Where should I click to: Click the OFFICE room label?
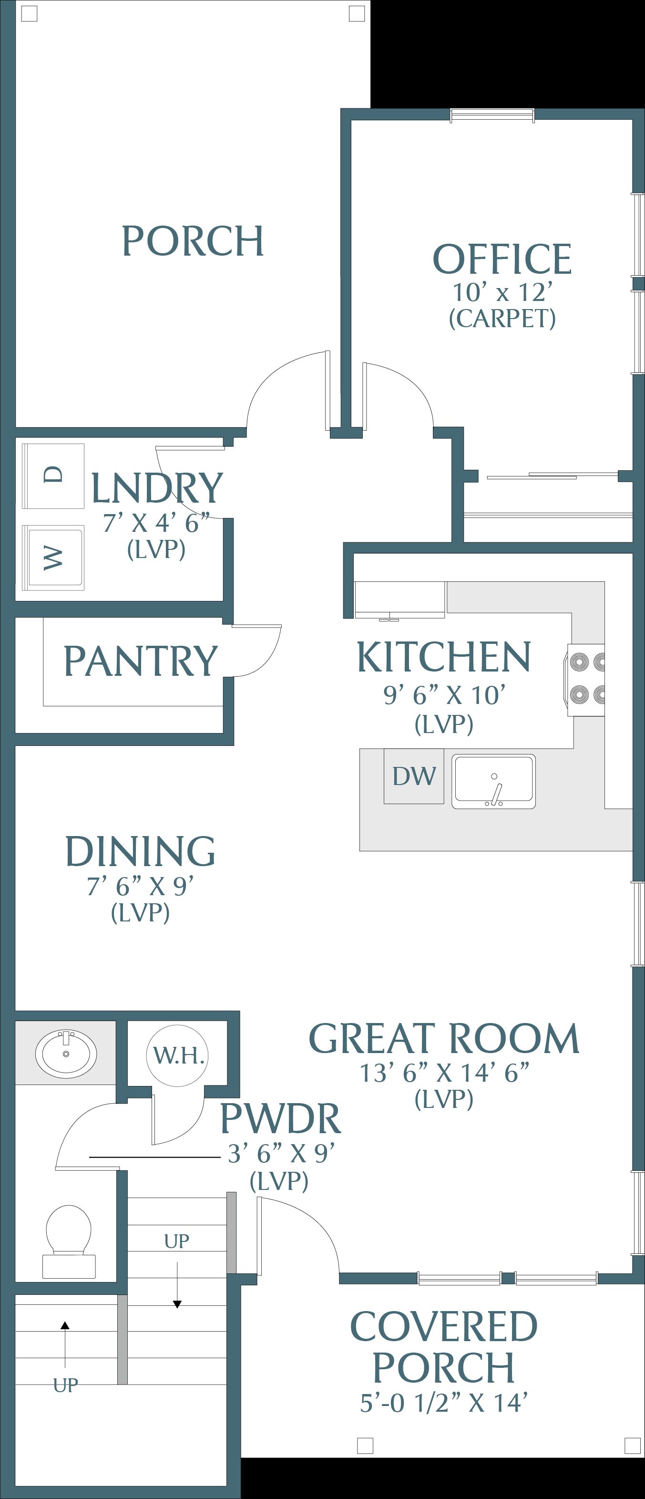tap(502, 259)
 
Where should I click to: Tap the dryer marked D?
tap(53, 476)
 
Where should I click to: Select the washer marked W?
tap(53, 558)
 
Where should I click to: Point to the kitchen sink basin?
tap(494, 782)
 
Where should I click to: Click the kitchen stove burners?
tap(584, 679)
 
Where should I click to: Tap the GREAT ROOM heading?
tap(444, 1039)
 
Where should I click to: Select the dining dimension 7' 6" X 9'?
tap(140, 886)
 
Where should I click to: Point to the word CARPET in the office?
tap(502, 318)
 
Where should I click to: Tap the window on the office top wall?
tap(492, 116)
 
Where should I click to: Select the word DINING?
tap(140, 851)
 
